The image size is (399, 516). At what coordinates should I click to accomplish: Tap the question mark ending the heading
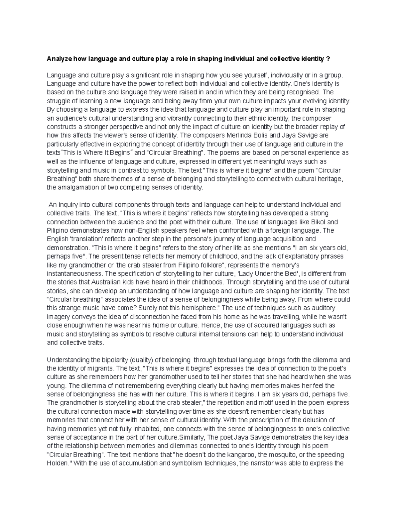[329, 59]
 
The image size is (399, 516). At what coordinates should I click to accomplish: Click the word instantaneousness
[74, 274]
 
